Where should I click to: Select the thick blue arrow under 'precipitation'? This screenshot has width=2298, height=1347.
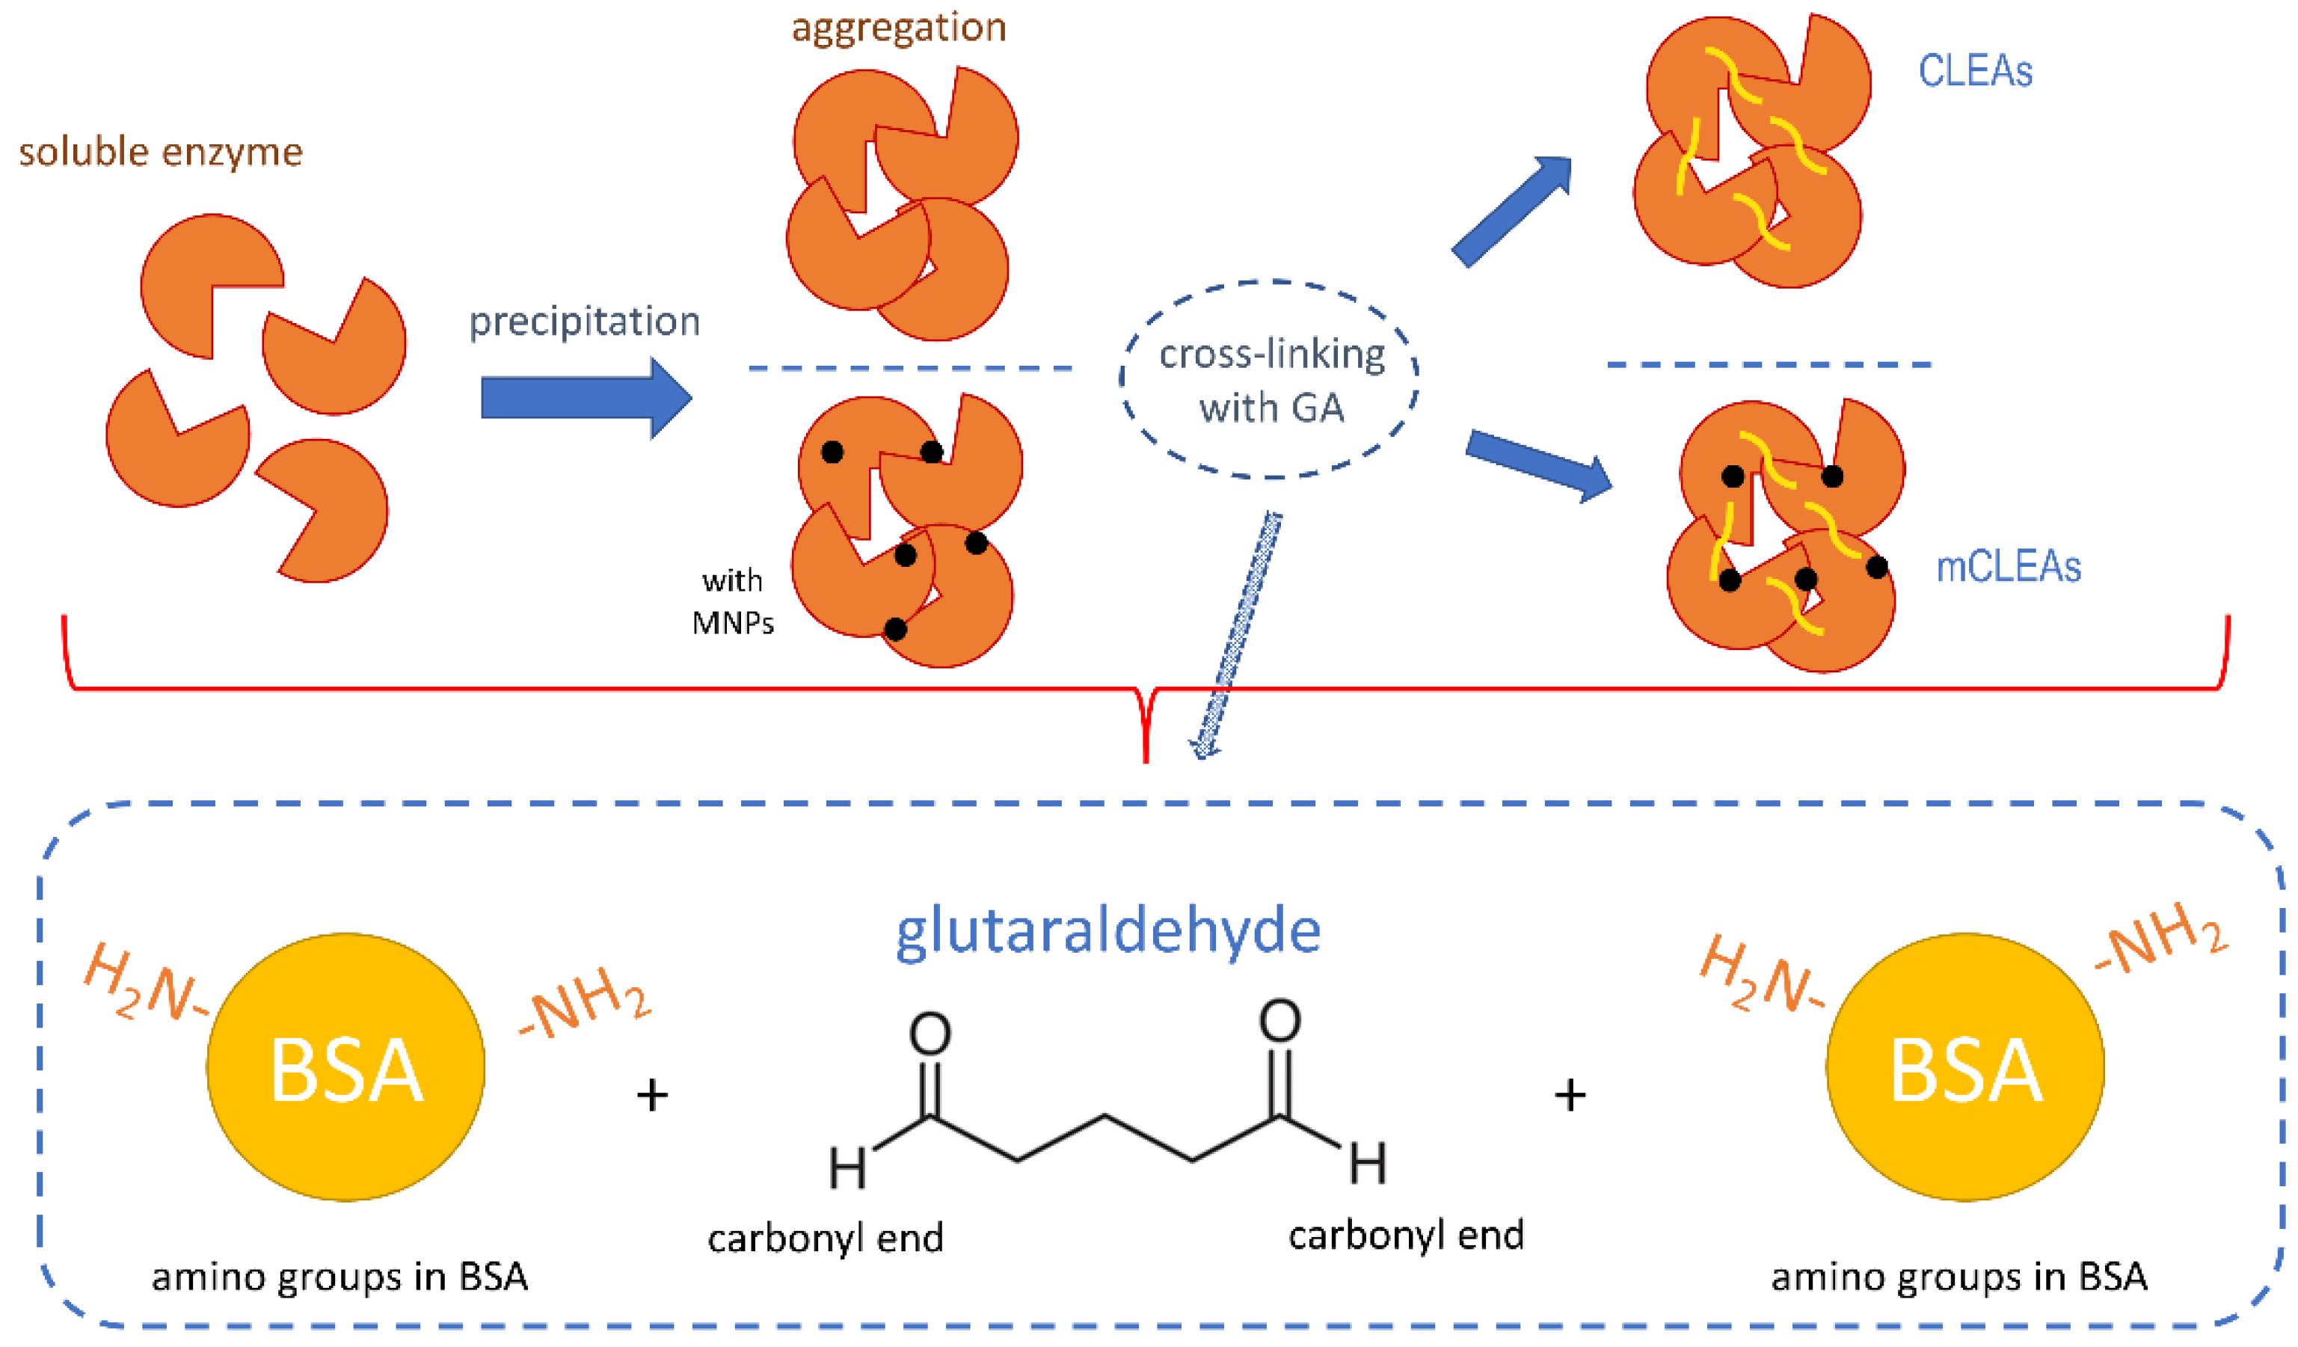pos(583,399)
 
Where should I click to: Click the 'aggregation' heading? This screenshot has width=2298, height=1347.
pos(898,28)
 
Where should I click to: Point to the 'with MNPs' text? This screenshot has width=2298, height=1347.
pos(732,602)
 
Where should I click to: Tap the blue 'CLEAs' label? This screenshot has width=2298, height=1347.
pos(1974,71)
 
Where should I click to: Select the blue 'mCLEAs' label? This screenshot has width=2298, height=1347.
pos(2007,567)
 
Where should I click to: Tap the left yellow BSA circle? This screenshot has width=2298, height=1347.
pos(345,1068)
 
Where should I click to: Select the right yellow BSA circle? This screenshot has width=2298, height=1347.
pos(1965,1068)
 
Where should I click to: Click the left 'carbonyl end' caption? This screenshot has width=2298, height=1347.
pos(826,1239)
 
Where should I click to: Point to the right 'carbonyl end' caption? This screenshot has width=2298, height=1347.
pos(1405,1236)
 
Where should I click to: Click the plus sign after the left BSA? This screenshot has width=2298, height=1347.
pos(652,1094)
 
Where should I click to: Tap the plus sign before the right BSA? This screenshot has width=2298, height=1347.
pos(1570,1094)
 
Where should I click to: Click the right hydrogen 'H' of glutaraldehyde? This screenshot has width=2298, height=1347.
pos(1368,1164)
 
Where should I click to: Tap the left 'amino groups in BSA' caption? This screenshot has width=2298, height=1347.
pos(340,1277)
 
